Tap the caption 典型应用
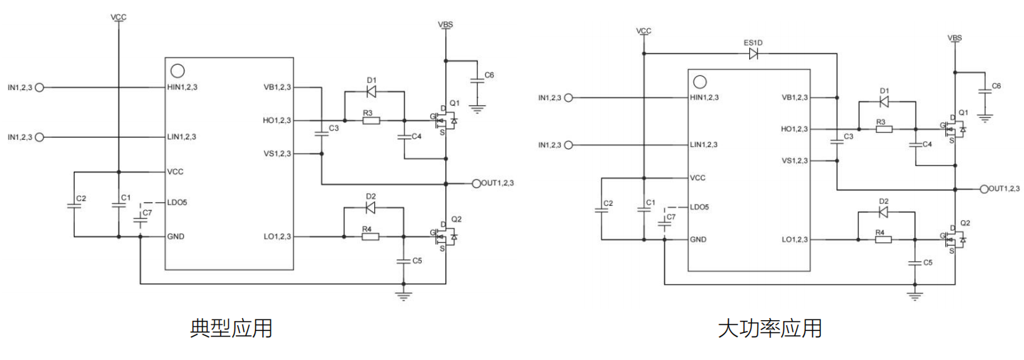pos(232,328)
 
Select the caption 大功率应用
pos(770,328)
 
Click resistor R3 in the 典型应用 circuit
pos(371,120)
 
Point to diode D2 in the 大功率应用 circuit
pos(883,212)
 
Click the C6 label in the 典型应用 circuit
pos(489,75)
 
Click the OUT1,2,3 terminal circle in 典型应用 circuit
pos(476,183)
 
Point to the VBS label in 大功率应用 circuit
pos(954,37)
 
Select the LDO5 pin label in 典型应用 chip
pos(177,202)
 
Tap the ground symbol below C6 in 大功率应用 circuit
pos(985,114)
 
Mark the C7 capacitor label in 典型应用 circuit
pos(147,212)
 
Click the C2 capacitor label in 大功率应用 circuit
pos(607,204)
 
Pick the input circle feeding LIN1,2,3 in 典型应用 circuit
pos(39,136)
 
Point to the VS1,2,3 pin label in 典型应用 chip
pos(277,153)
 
